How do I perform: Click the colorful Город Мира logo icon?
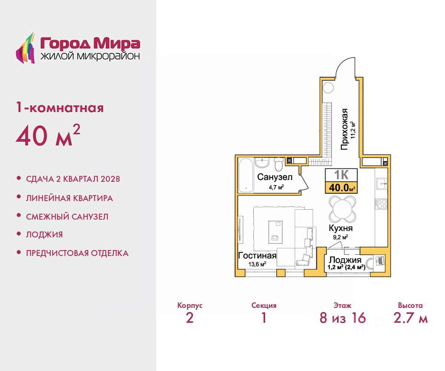(x=25, y=48)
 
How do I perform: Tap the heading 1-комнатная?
(x=60, y=108)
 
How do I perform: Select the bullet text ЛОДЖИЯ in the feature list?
(x=44, y=234)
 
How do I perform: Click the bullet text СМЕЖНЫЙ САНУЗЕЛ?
(x=67, y=217)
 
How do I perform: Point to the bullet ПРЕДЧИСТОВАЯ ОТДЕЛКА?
(x=77, y=253)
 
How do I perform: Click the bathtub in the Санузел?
(x=246, y=175)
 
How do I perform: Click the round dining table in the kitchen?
(x=342, y=210)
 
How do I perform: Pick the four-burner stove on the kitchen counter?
(x=381, y=203)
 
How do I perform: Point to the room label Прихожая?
(x=345, y=129)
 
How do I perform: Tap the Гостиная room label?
(x=257, y=256)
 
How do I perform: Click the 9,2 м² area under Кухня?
(x=340, y=237)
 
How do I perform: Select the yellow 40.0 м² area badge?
(x=341, y=188)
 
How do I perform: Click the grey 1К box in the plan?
(x=341, y=175)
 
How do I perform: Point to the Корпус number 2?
(x=189, y=318)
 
